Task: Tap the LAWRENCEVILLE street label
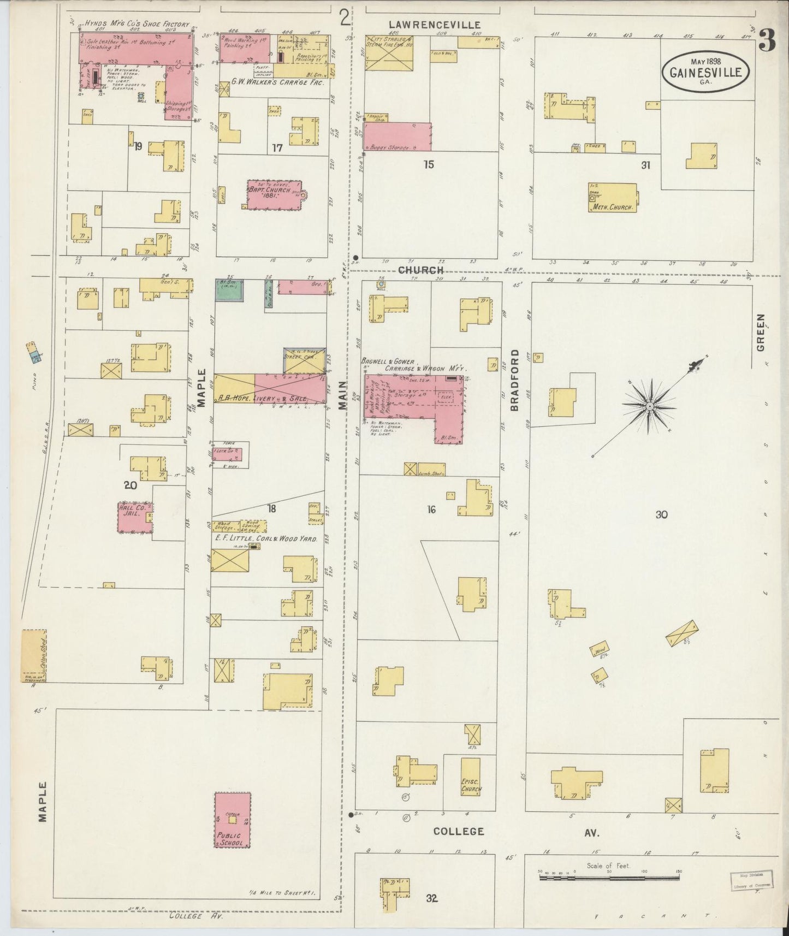pyautogui.click(x=435, y=25)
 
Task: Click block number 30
pyautogui.click(x=662, y=514)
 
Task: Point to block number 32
pyautogui.click(x=432, y=898)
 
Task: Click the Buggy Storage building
pyautogui.click(x=397, y=137)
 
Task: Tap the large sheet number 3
pyautogui.click(x=767, y=41)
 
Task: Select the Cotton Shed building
pyautogui.click(x=33, y=655)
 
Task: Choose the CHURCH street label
pyautogui.click(x=420, y=270)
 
